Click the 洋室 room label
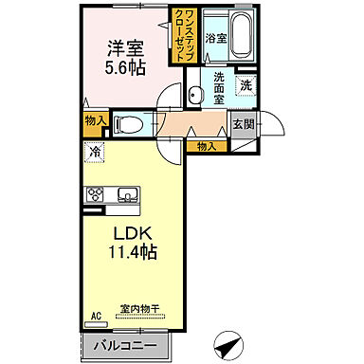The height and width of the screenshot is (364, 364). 123,47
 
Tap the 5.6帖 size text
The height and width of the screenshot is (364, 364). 123,68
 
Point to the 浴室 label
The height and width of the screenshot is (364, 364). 217,39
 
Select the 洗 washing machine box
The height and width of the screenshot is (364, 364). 245,84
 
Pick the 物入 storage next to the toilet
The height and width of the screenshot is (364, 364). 95,120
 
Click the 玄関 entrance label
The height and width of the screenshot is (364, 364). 242,122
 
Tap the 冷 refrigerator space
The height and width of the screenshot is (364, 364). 95,151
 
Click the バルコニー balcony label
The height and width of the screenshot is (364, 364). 124,344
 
